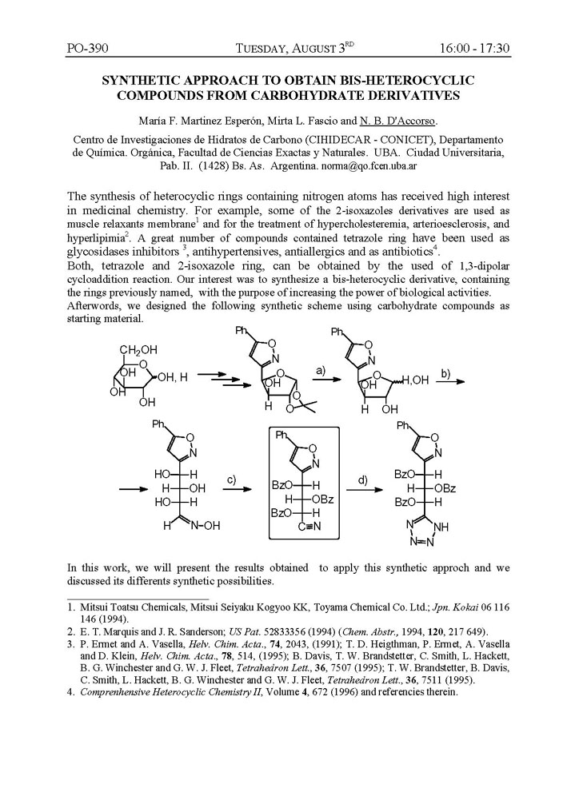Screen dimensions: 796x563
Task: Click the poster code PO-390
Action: click(87, 49)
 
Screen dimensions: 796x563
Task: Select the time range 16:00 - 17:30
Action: click(474, 49)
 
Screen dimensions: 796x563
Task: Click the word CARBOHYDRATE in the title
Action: click(333, 95)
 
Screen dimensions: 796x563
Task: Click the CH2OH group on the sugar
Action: click(138, 350)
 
